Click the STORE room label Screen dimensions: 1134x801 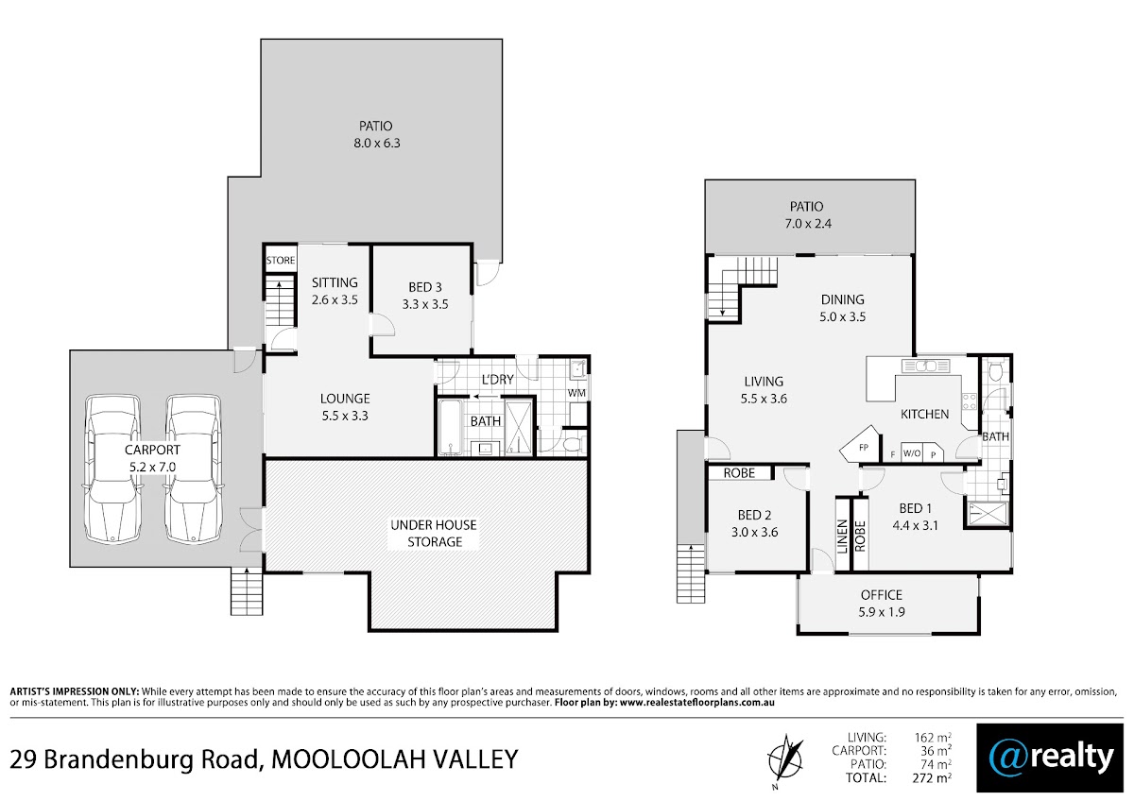coord(281,260)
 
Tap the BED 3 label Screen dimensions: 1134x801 coord(424,287)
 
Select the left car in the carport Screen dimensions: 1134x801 coord(112,469)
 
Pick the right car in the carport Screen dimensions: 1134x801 coord(194,469)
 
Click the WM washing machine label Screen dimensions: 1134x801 coord(576,393)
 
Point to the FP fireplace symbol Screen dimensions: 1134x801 coord(860,444)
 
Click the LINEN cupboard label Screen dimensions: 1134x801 coord(842,537)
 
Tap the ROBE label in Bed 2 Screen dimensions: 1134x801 coord(739,473)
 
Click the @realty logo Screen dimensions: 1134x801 coord(1050,758)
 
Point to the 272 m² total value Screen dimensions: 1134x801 coord(932,777)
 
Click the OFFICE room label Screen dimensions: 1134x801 coord(882,595)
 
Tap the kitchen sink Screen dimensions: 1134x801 coord(926,366)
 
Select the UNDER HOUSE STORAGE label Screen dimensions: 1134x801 coord(434,534)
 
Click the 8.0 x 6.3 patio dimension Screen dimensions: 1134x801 coord(377,144)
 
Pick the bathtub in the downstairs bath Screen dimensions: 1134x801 coord(449,428)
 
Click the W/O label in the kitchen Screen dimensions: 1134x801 coord(912,452)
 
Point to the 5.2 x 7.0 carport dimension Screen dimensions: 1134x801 coord(152,467)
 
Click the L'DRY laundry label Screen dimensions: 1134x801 coord(498,379)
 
